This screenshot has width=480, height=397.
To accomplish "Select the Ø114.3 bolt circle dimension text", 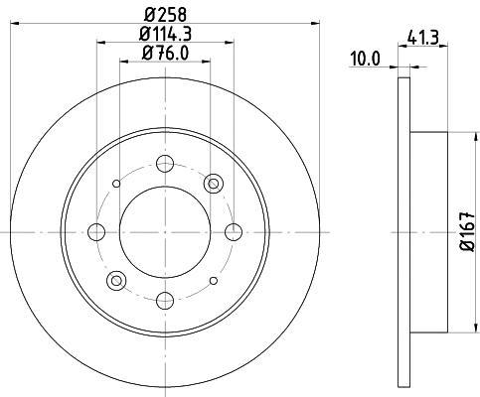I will (165, 34).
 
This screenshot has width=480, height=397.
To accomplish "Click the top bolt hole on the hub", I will (165, 163).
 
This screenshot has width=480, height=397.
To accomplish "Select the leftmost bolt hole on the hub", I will (96, 231).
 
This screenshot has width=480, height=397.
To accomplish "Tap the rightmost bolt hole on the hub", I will (234, 231).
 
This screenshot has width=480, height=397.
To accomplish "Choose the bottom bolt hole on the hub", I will (165, 299).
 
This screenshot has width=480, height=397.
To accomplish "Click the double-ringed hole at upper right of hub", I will (213, 183).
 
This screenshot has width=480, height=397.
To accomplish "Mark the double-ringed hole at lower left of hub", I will (116, 280).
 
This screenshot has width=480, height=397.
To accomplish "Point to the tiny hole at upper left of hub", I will (116, 183).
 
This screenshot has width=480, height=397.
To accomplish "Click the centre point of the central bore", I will (165, 231).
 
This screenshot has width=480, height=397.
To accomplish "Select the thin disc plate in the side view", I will (402, 231).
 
